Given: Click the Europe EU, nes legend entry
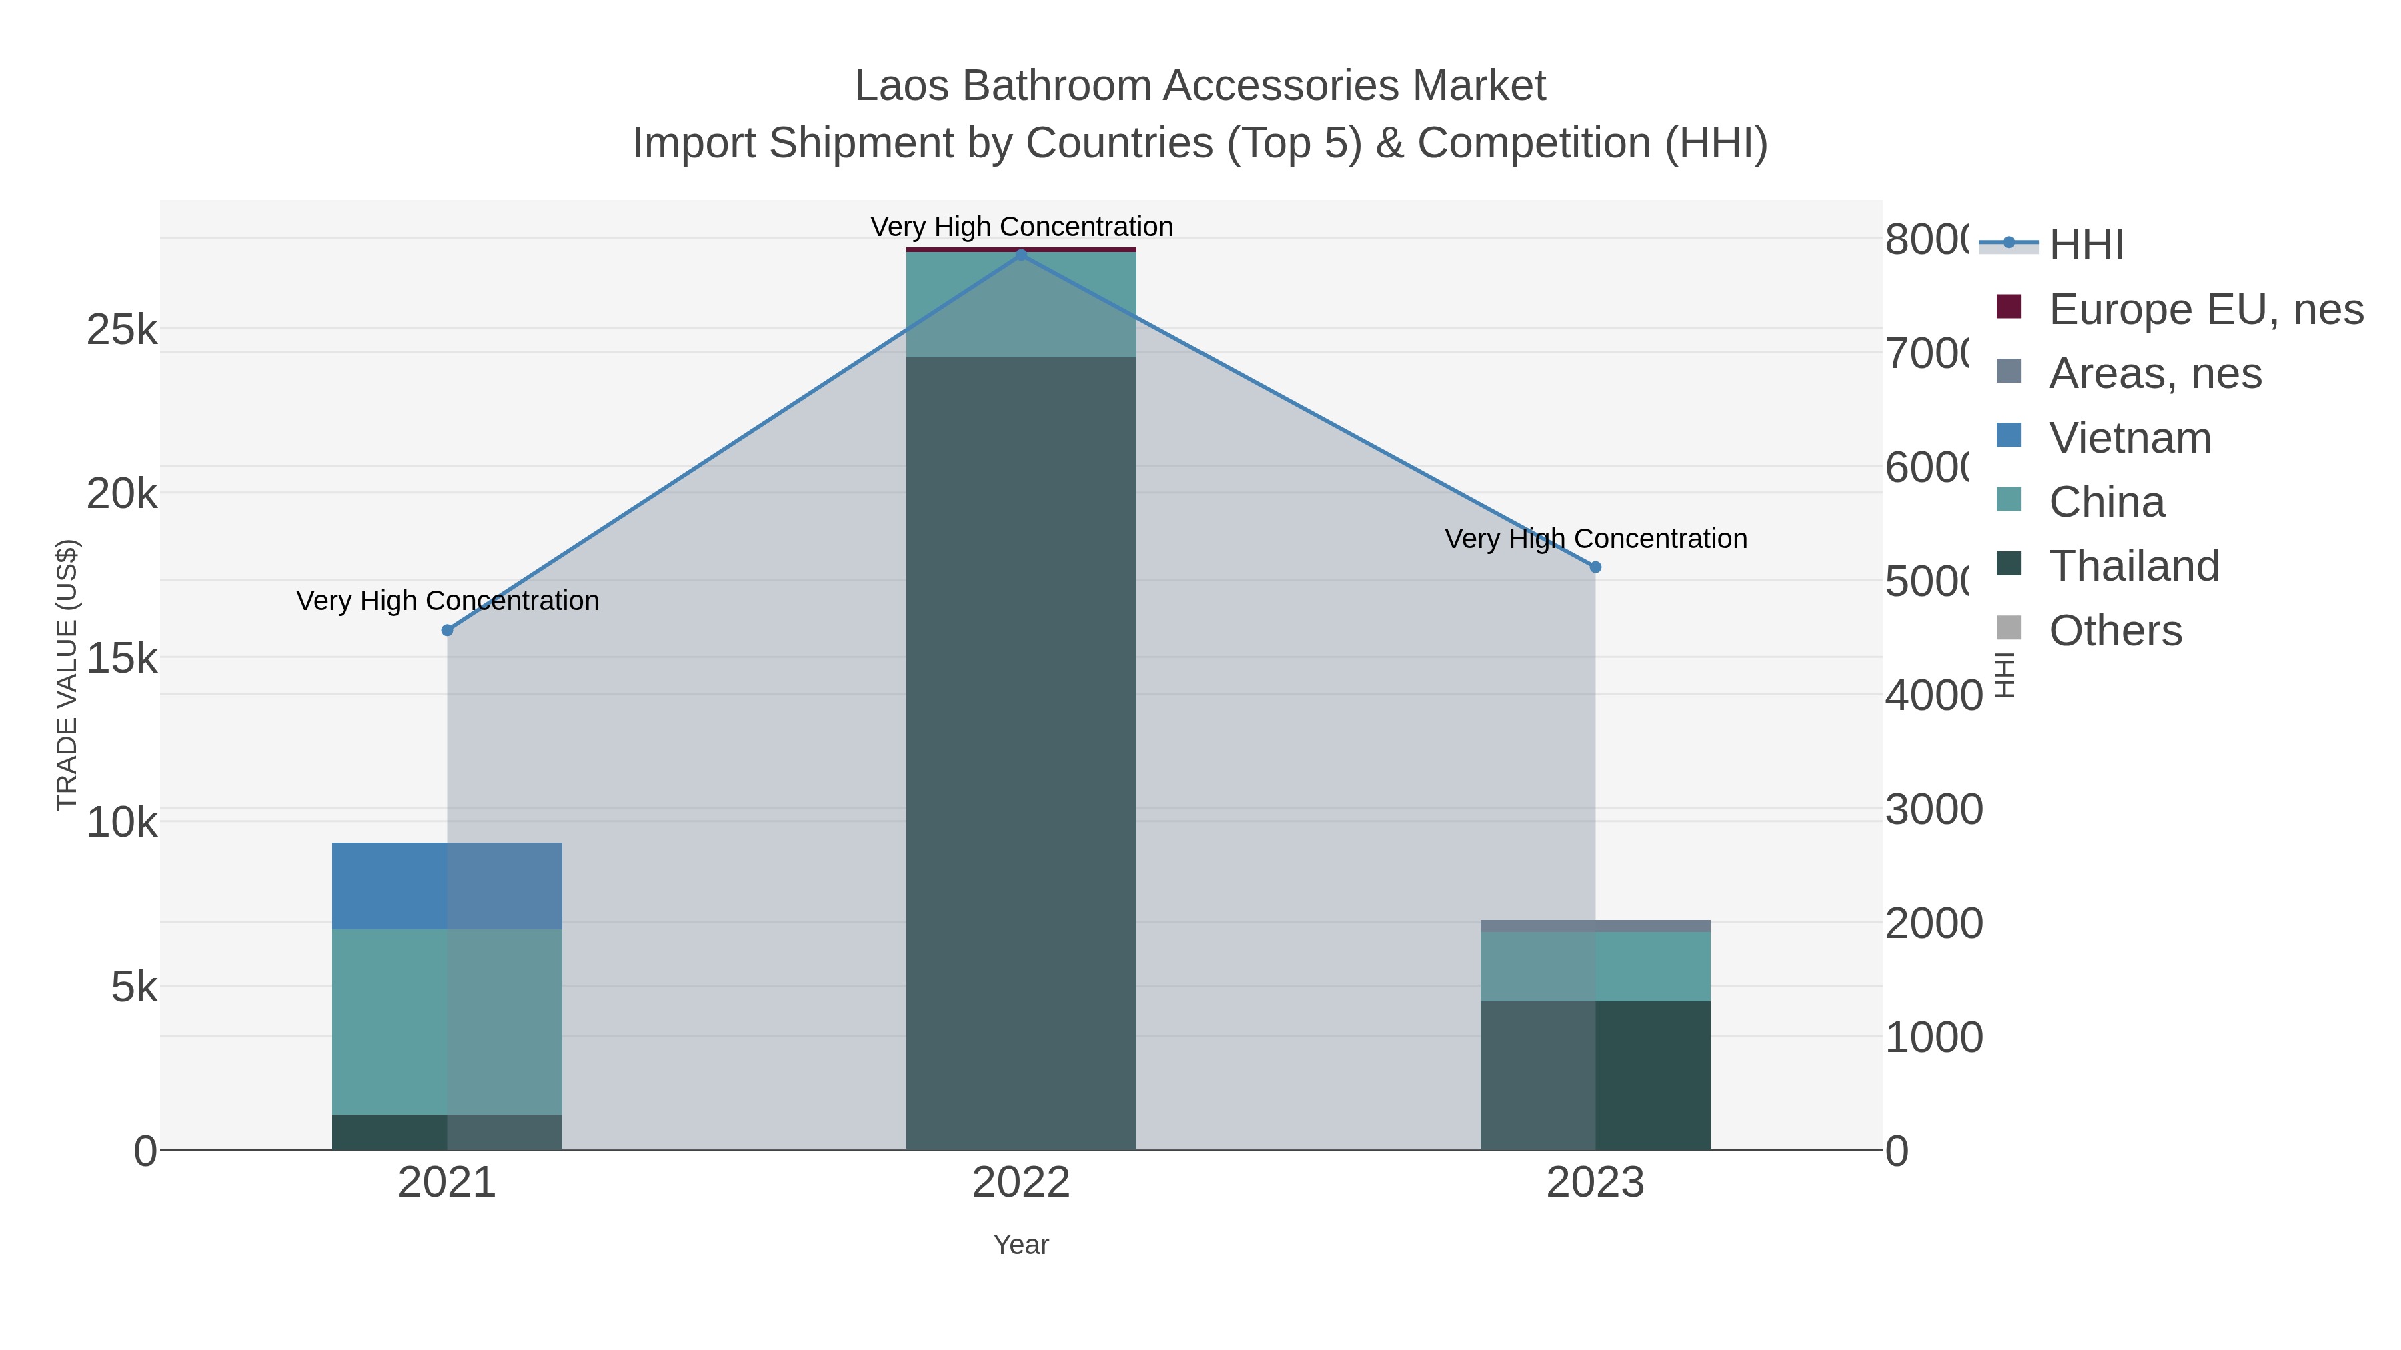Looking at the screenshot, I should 2206,309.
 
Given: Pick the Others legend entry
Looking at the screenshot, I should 2114,631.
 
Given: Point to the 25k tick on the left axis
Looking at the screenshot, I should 122,330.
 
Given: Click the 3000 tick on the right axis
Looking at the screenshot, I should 1933,809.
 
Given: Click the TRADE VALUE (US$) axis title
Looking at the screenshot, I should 67,675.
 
